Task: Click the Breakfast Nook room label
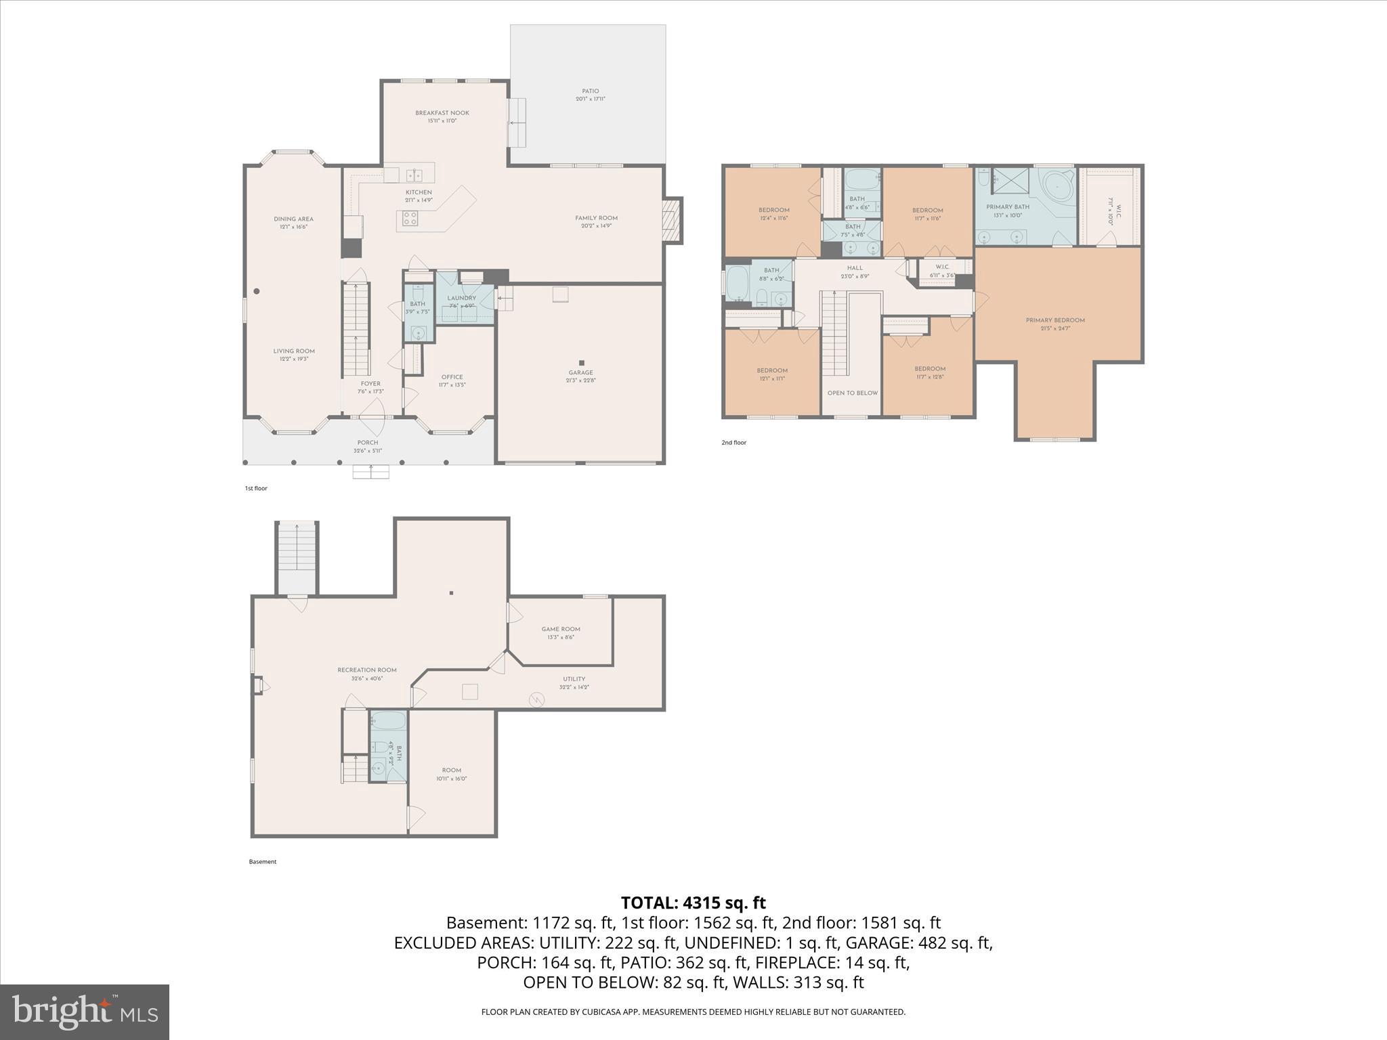click(442, 113)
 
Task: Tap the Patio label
click(590, 91)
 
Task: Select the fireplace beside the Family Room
click(671, 219)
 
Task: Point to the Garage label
click(580, 372)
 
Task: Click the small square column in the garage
click(581, 363)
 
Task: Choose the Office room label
click(452, 377)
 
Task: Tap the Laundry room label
click(461, 298)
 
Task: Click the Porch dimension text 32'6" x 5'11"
click(368, 451)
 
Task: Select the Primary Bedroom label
click(1055, 320)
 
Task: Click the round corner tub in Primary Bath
click(1057, 185)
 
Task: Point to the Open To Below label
click(852, 393)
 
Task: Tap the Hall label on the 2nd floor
click(855, 268)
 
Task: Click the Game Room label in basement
click(561, 629)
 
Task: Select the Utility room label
click(574, 679)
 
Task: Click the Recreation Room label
click(367, 670)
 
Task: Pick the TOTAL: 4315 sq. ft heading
click(693, 903)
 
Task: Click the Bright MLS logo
click(85, 1012)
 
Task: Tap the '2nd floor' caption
click(733, 443)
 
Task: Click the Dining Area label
click(293, 219)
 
